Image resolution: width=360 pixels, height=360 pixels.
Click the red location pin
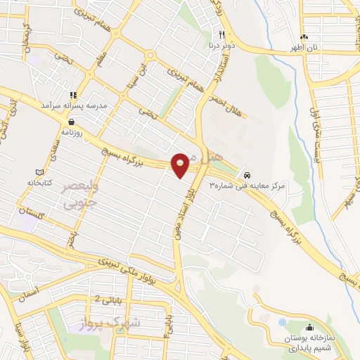(181, 165)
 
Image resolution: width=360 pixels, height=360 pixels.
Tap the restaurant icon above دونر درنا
(221, 34)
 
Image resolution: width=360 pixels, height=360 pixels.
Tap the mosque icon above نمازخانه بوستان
(310, 327)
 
